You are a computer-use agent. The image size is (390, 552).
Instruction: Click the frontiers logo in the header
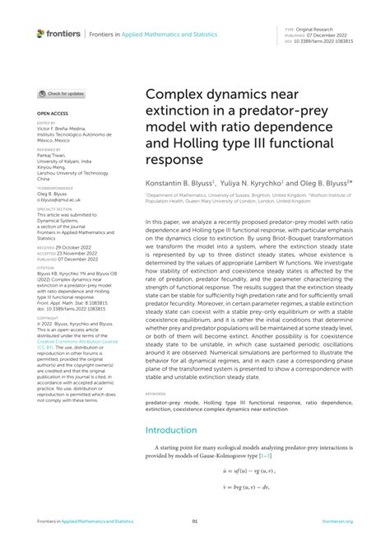point(58,35)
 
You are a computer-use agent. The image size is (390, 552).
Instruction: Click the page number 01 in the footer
point(195,522)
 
